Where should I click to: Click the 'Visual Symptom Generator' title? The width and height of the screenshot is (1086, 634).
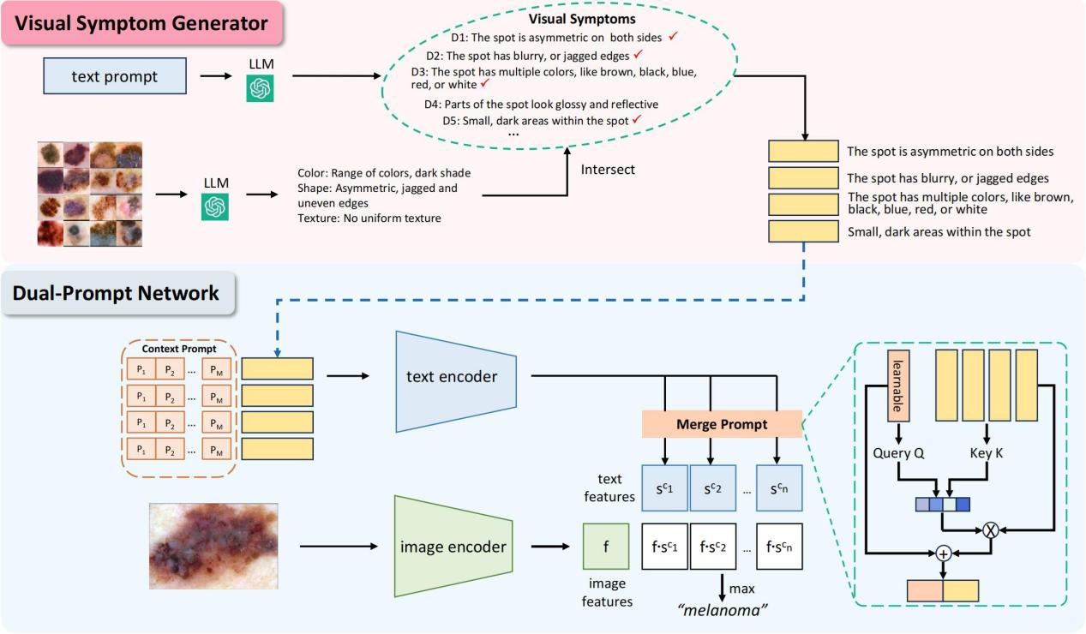tap(141, 23)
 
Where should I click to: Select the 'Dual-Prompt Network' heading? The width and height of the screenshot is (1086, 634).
tap(116, 293)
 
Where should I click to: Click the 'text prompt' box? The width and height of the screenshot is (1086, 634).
tap(115, 76)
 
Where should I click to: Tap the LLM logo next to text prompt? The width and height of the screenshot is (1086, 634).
tap(260, 88)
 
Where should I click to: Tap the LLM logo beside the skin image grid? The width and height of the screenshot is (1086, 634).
tap(215, 206)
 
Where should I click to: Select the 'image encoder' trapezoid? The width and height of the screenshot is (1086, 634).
tap(453, 545)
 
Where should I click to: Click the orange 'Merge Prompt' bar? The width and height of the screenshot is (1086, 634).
tap(721, 423)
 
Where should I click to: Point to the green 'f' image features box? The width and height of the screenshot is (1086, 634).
tap(605, 546)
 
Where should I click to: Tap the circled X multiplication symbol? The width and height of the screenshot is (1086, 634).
tap(990, 529)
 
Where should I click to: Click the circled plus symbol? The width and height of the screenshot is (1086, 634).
tap(943, 554)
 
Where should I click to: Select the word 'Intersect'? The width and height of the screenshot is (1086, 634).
tap(608, 170)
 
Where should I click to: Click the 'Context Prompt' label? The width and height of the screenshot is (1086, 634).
tap(180, 350)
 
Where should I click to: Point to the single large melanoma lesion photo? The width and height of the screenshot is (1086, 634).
tap(213, 546)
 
